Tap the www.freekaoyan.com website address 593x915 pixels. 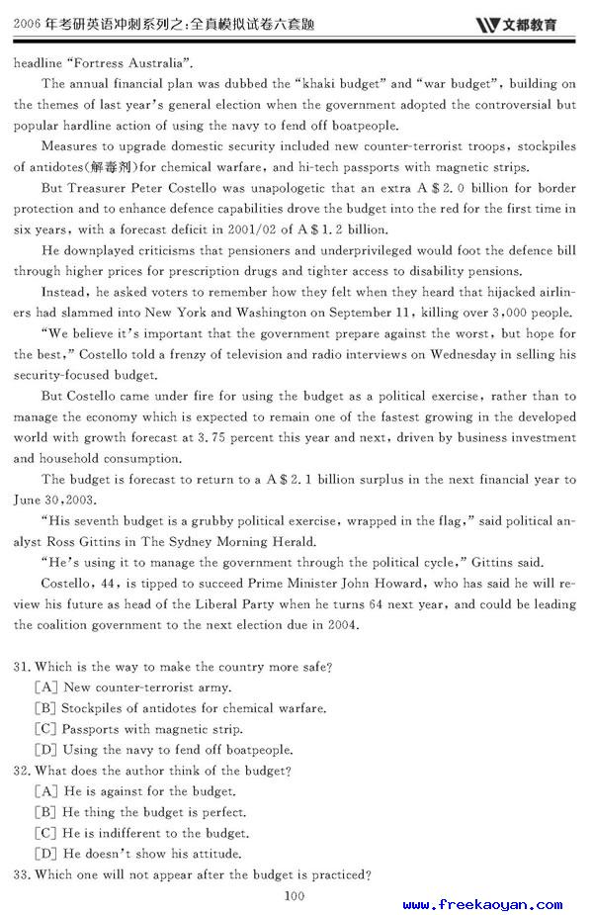(482, 904)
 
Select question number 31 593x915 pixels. (23, 668)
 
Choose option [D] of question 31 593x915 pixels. (44, 750)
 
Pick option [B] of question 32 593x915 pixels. (44, 812)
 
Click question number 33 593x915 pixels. (23, 874)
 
